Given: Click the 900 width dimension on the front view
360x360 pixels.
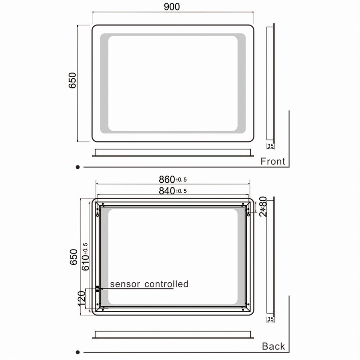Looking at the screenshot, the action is (x=172, y=7).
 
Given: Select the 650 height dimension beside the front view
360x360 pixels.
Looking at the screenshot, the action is (x=72, y=80).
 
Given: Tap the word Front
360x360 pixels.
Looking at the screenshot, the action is (x=273, y=161).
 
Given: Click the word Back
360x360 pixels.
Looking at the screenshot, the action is (x=273, y=346).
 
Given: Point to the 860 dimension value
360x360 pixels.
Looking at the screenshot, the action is (x=167, y=179).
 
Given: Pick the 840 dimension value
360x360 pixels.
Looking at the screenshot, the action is (x=167, y=191).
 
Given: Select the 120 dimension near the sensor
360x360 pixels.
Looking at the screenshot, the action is (x=81, y=299).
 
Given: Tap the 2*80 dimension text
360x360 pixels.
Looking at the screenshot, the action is (x=263, y=206).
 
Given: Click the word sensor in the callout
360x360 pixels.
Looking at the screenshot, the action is (x=125, y=284).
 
